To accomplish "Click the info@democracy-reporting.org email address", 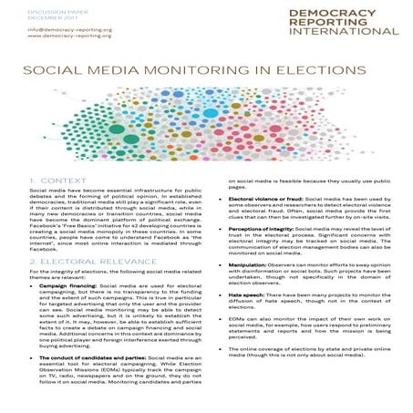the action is pos(57,30).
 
